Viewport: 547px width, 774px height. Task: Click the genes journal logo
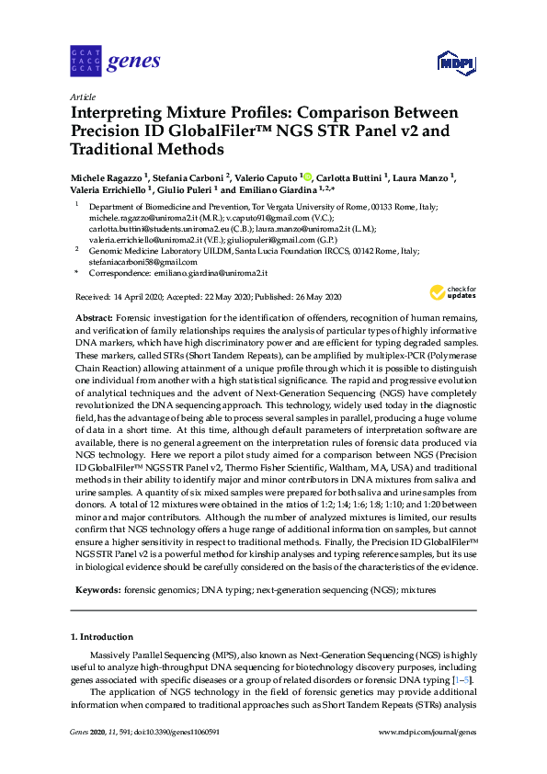pyautogui.click(x=115, y=63)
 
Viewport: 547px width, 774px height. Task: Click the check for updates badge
pyautogui.click(x=450, y=292)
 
